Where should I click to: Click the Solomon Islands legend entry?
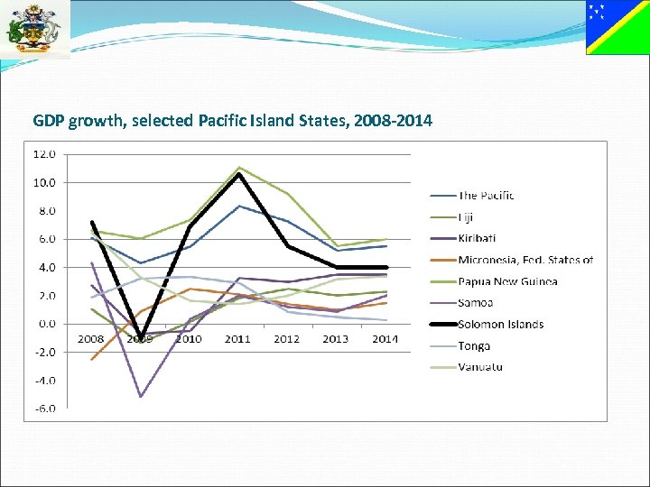point(500,325)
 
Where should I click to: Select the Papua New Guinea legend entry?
point(507,281)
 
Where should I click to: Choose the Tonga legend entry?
point(474,346)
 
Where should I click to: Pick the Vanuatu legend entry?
point(479,367)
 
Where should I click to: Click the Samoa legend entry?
point(476,303)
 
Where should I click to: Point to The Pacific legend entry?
point(486,196)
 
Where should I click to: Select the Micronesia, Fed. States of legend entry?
point(525,260)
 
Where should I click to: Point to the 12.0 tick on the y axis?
point(44,154)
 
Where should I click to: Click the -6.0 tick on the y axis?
point(44,409)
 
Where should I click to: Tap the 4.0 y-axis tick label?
point(45,268)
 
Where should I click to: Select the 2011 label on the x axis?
point(237,339)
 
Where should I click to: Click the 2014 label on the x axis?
point(385,339)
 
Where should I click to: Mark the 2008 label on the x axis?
point(90,339)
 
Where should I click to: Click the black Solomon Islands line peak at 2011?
point(238,174)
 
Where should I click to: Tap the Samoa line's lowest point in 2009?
point(140,396)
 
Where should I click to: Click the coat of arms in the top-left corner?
point(34,29)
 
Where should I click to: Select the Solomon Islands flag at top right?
point(617,27)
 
